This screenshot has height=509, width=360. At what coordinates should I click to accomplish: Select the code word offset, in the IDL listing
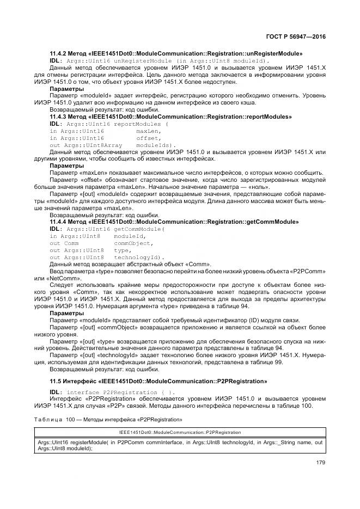[x=147, y=138]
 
